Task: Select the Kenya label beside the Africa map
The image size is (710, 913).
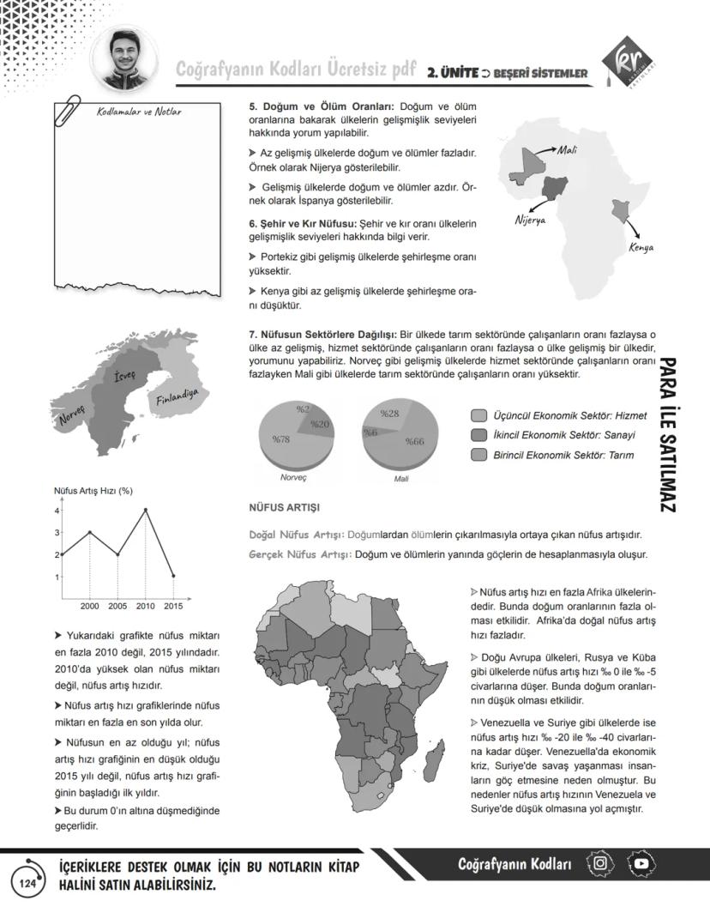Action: (x=641, y=247)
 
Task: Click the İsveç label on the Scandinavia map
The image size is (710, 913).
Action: (x=125, y=377)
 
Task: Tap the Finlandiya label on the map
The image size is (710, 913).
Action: (x=177, y=396)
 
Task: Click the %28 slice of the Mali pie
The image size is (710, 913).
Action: (x=390, y=414)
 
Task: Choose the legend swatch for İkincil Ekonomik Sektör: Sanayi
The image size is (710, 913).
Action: (x=478, y=435)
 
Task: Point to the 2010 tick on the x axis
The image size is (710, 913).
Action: (x=145, y=607)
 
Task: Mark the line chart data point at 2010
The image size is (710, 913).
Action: (x=145, y=510)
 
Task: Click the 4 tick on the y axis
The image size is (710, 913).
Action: (x=57, y=511)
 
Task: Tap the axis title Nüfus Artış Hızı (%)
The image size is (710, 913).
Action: (x=93, y=491)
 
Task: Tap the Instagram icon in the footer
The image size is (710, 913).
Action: (x=601, y=863)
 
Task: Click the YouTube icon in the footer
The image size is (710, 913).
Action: (x=642, y=863)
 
